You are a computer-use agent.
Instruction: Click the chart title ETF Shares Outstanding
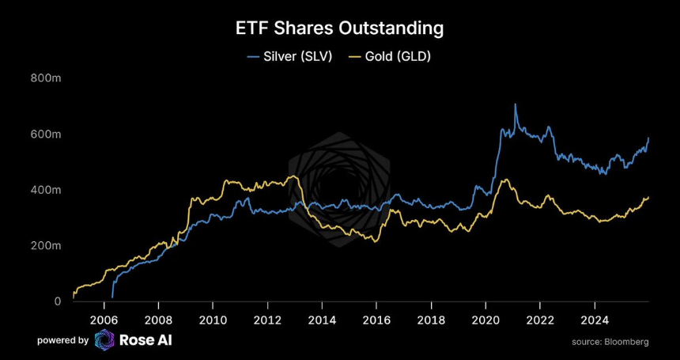pyautogui.click(x=340, y=28)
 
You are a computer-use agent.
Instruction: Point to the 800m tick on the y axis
pyautogui.click(x=47, y=78)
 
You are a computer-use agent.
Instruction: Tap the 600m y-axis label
pyautogui.click(x=47, y=135)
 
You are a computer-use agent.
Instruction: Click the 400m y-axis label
pyautogui.click(x=47, y=190)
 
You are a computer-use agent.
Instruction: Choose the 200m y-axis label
pyautogui.click(x=47, y=246)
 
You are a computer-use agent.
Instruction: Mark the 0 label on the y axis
pyautogui.click(x=57, y=301)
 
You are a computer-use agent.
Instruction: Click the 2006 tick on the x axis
pyautogui.click(x=104, y=320)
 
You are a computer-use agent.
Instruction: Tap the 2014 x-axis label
pyautogui.click(x=322, y=320)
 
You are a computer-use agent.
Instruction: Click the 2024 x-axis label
pyautogui.click(x=594, y=320)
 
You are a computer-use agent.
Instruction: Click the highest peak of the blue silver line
pyautogui.click(x=516, y=104)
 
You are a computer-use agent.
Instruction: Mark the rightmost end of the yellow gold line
pyautogui.click(x=649, y=197)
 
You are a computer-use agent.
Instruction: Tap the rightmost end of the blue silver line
pyautogui.click(x=649, y=138)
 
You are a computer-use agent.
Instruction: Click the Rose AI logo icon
pyautogui.click(x=104, y=340)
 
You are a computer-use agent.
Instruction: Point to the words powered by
pyautogui.click(x=62, y=340)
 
